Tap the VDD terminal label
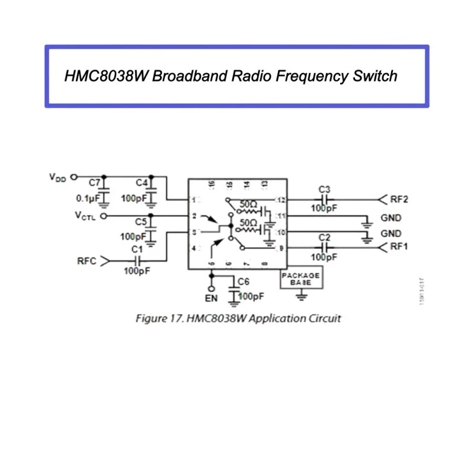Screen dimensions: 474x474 click(59, 177)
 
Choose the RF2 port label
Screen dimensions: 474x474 click(399, 199)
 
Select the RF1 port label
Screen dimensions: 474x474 click(399, 246)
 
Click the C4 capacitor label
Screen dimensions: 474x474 click(141, 182)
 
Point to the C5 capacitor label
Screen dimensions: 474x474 click(141, 222)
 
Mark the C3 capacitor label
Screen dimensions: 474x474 click(324, 190)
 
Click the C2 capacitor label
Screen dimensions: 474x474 click(324, 237)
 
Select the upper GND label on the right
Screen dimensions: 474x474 click(391, 218)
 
